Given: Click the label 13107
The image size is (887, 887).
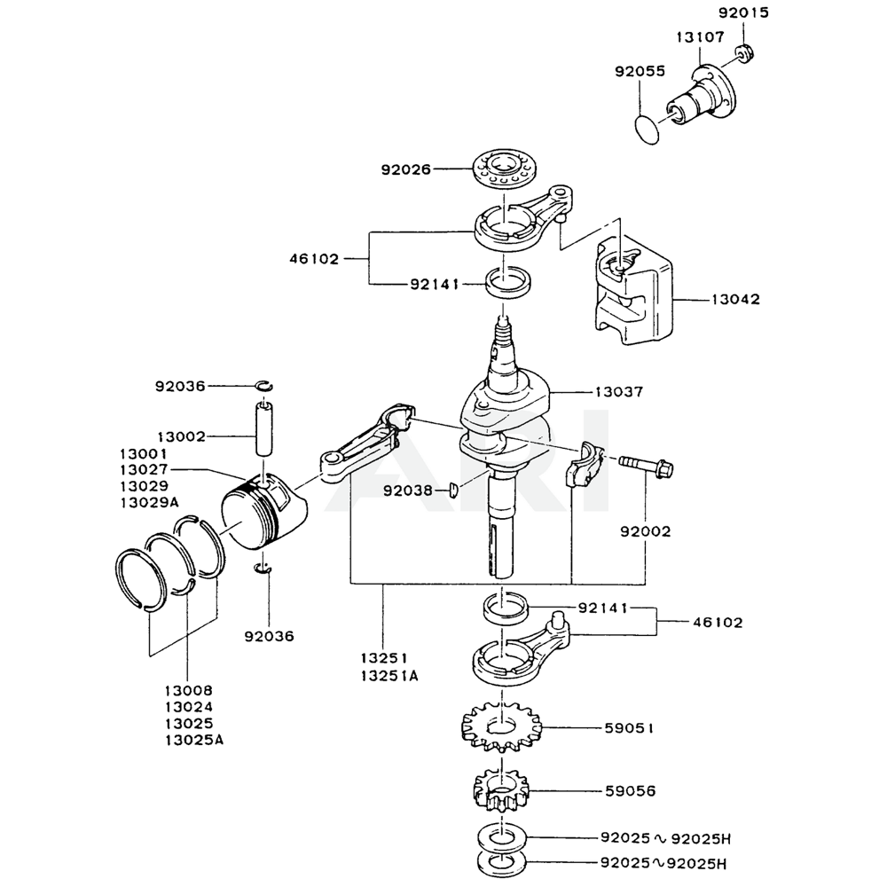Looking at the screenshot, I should pyautogui.click(x=700, y=37).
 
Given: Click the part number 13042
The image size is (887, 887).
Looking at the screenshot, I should pyautogui.click(x=735, y=300).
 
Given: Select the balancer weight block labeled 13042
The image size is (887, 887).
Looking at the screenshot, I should pyautogui.click(x=632, y=288).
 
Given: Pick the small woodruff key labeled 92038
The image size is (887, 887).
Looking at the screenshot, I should pyautogui.click(x=453, y=490).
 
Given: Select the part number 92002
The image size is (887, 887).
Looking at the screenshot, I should pyautogui.click(x=645, y=531).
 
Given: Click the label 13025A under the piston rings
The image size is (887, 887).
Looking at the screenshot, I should pyautogui.click(x=194, y=739).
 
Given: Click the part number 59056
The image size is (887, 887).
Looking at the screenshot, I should pyautogui.click(x=631, y=789).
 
